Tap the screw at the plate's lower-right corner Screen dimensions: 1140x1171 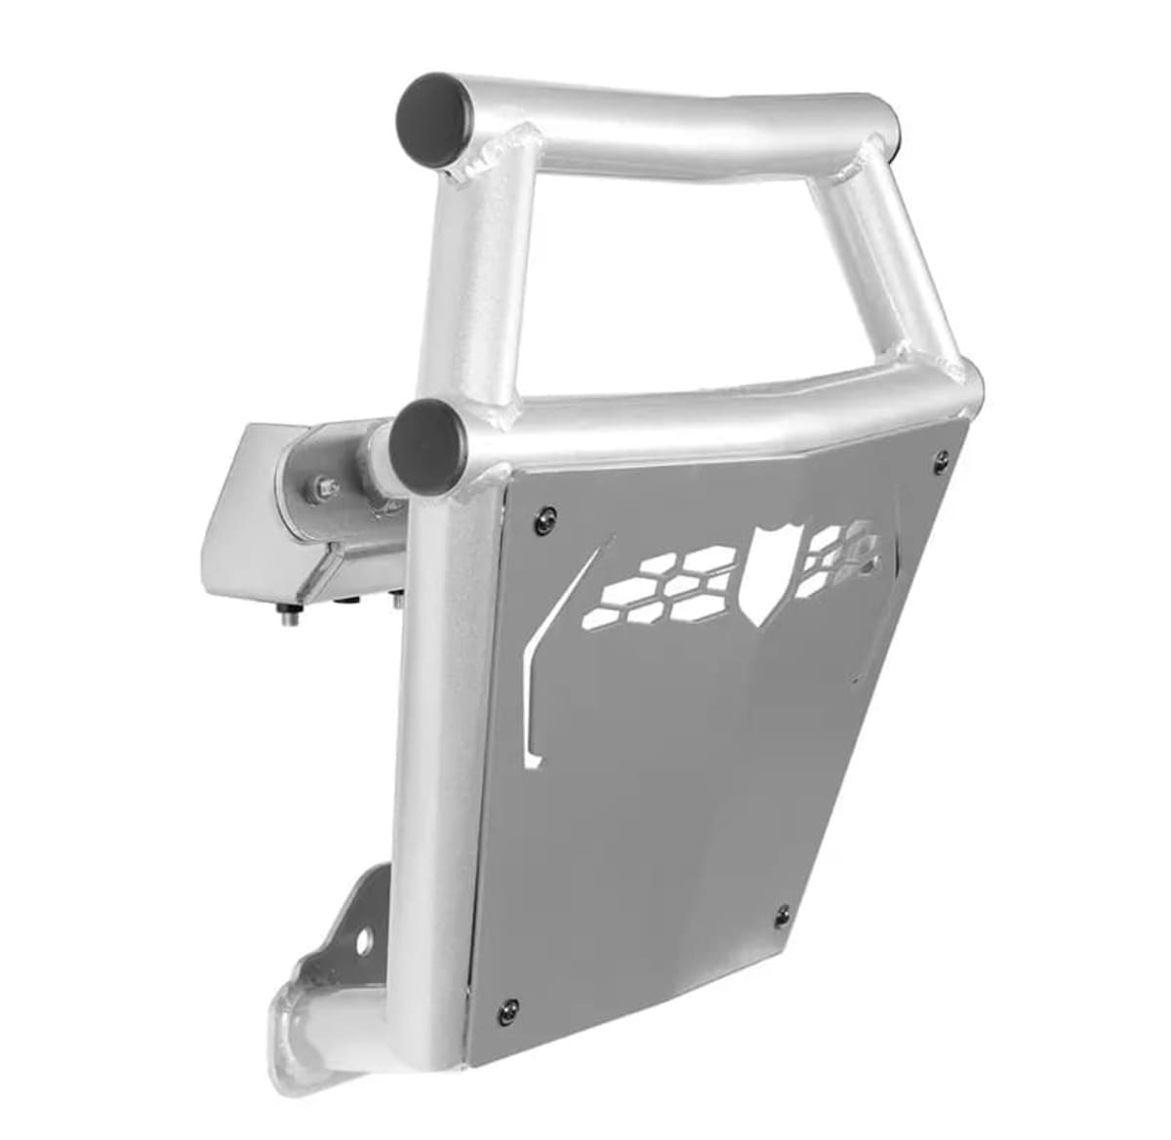[782, 912]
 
